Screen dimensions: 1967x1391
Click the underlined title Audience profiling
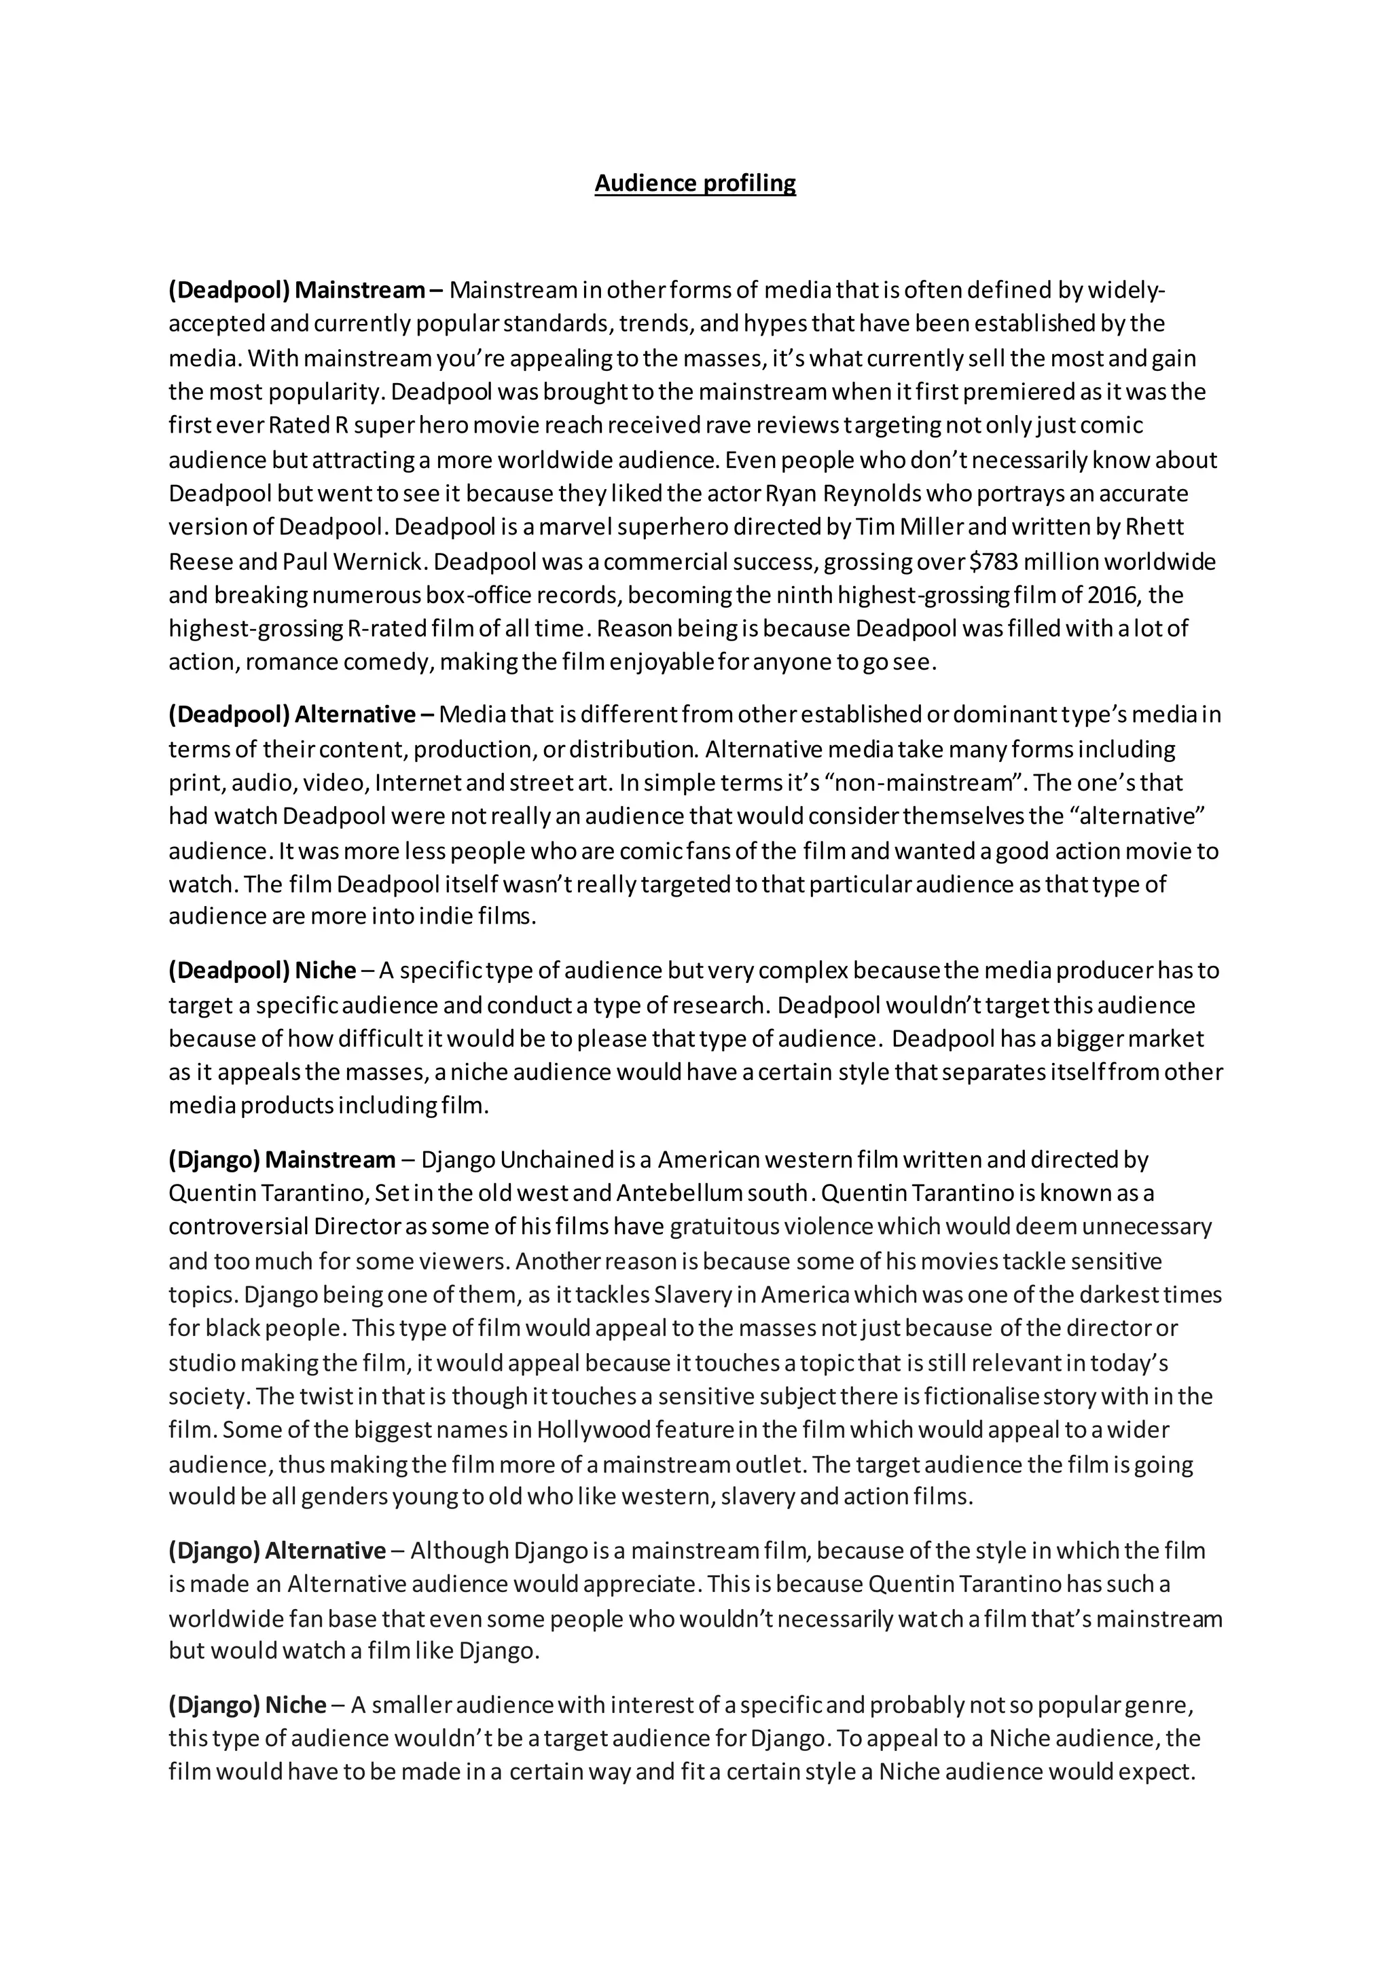tap(695, 183)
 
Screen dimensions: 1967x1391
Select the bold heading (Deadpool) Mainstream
tap(296, 291)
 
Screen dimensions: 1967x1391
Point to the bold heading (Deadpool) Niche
tap(262, 970)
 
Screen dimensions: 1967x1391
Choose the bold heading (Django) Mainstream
tap(282, 1159)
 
